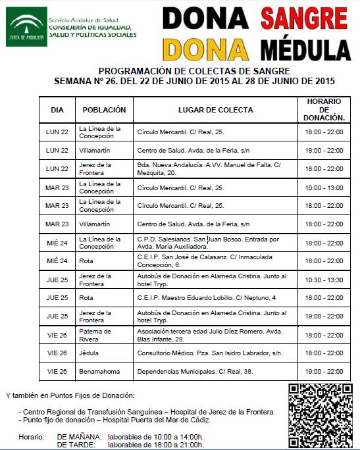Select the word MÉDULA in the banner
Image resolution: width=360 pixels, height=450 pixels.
(x=304, y=48)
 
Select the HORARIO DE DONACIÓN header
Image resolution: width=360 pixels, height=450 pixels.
(x=323, y=109)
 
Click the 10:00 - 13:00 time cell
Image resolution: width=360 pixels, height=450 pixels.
(x=324, y=187)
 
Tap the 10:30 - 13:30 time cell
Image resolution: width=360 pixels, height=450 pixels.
(x=324, y=280)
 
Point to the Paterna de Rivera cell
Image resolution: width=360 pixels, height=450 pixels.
(x=96, y=335)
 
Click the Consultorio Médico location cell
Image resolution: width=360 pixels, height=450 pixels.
(x=209, y=353)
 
